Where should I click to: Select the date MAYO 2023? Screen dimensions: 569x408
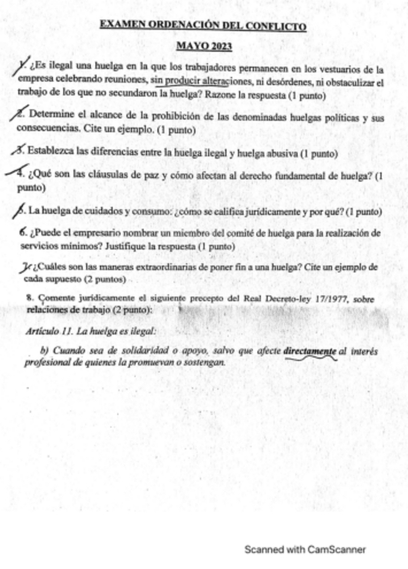click(x=203, y=46)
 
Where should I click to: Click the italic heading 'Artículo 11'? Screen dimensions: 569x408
click(x=50, y=331)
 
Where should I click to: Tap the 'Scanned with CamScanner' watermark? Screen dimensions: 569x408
click(x=305, y=550)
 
